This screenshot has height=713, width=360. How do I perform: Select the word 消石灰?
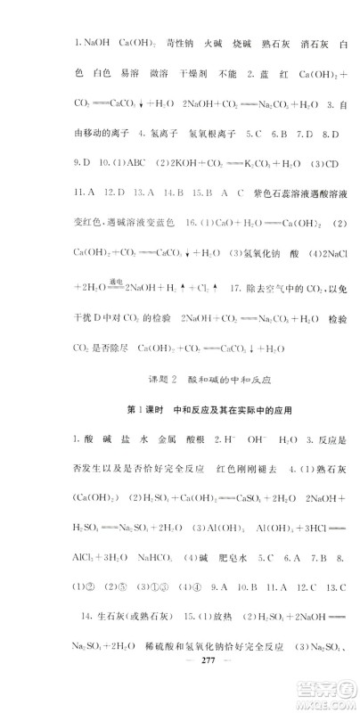pos(302,42)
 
